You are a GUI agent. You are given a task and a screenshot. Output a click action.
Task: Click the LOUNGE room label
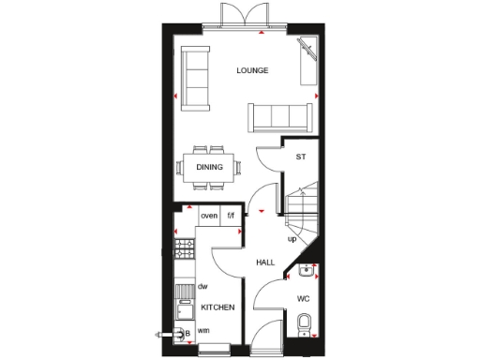click(252, 70)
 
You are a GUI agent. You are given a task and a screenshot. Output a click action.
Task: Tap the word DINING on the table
click(209, 168)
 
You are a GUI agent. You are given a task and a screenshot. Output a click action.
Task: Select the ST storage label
click(301, 157)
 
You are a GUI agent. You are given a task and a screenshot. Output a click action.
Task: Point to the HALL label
click(265, 263)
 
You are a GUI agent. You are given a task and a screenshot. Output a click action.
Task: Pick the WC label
click(303, 299)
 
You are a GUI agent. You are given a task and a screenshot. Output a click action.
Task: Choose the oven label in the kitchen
click(209, 217)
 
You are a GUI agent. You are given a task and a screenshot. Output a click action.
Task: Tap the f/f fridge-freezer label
click(232, 217)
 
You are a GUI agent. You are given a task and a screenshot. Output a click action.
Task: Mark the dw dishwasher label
click(202, 286)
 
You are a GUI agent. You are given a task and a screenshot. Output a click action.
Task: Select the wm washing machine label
click(203, 330)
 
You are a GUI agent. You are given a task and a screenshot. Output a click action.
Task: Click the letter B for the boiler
click(187, 332)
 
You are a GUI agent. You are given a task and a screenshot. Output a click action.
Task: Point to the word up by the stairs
click(292, 239)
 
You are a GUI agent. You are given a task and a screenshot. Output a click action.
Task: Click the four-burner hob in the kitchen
click(184, 248)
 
